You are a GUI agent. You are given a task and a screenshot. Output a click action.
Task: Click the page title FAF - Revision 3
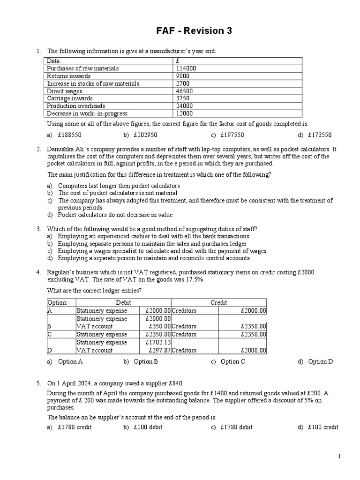click(x=194, y=31)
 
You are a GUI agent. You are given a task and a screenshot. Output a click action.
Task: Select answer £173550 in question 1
click(x=320, y=135)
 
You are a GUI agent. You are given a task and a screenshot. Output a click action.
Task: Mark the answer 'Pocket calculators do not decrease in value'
click(x=115, y=215)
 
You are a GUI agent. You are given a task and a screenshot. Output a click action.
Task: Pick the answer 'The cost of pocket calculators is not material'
click(x=118, y=193)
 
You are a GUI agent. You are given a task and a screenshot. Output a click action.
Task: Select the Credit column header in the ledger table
click(x=219, y=303)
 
